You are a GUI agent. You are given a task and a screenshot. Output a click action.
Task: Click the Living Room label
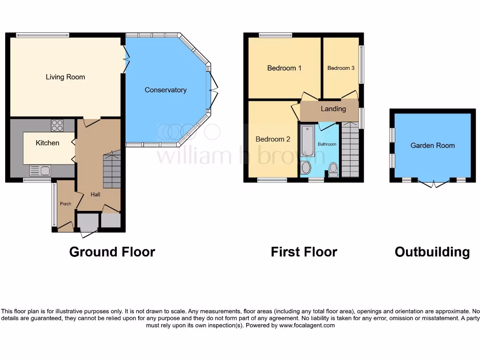coord(65,77)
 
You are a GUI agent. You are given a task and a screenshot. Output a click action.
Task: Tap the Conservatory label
coord(165,90)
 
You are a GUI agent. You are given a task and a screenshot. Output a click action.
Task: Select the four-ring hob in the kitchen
coord(57,125)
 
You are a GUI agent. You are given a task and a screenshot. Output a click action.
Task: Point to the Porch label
coord(65,204)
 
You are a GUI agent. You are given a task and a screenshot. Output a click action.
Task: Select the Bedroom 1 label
coord(284,68)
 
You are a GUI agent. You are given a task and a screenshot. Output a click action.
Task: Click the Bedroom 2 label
coord(273,139)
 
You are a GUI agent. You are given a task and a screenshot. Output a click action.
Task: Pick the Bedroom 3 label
coord(341,68)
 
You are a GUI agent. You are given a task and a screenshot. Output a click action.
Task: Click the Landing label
coord(333,109)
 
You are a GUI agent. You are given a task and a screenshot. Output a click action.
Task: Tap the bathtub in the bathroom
coord(307,140)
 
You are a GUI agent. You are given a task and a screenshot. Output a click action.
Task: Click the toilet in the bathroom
coord(334,169)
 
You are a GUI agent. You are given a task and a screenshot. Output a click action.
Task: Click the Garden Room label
coord(432,145)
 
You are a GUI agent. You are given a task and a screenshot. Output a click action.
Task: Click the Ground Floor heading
coord(112,252)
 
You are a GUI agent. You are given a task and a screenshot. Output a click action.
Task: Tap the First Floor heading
coord(304,252)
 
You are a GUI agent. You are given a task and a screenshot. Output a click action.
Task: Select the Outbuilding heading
coord(432,252)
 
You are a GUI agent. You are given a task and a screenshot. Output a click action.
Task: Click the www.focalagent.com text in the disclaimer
coord(307,325)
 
